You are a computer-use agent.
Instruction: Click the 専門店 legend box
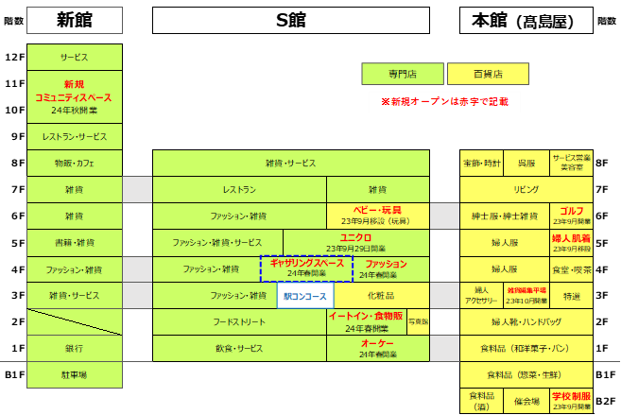coord(402,74)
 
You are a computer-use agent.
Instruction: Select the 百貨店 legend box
coord(488,74)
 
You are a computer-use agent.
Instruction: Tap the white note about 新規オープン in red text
coord(444,101)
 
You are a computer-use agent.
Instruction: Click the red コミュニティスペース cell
coord(75,96)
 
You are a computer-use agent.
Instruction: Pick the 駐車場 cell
coord(75,374)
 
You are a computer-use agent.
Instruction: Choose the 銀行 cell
coord(75,348)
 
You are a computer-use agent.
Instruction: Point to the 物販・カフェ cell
coord(75,163)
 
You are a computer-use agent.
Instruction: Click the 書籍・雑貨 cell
coord(75,242)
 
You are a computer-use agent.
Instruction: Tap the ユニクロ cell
coord(355,242)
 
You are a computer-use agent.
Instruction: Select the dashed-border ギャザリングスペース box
coord(306,268)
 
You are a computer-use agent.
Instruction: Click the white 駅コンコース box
coord(305,296)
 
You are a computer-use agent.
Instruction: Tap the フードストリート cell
coord(239,321)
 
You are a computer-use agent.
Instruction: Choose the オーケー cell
coord(377,348)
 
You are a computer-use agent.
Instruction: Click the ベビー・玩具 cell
coord(377,216)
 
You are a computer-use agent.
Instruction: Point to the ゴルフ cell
coord(572,216)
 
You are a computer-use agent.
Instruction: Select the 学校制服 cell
coord(572,401)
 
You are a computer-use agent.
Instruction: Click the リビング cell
coord(526,189)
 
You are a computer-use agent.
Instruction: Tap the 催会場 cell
coord(526,401)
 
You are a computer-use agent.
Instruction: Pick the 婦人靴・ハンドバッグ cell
coord(526,321)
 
